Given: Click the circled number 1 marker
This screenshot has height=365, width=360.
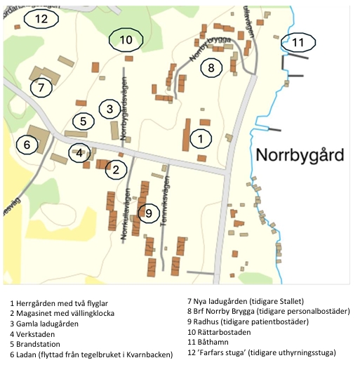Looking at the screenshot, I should pyautogui.click(x=201, y=138).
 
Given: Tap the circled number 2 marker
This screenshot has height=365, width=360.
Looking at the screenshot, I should pyautogui.click(x=116, y=168).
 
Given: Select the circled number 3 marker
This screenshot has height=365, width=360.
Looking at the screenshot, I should pyautogui.click(x=109, y=109).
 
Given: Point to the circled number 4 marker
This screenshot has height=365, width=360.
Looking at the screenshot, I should pyautogui.click(x=79, y=152).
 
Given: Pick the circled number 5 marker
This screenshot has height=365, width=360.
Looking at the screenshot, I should pyautogui.click(x=83, y=121).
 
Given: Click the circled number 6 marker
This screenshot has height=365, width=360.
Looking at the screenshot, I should pyautogui.click(x=27, y=145).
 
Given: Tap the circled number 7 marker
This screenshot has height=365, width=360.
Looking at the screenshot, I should pyautogui.click(x=41, y=88).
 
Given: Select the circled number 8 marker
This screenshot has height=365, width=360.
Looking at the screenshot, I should pyautogui.click(x=210, y=67).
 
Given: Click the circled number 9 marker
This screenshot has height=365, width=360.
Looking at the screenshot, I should pyautogui.click(x=147, y=213).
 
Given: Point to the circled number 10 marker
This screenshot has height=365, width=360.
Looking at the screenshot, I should pyautogui.click(x=126, y=40).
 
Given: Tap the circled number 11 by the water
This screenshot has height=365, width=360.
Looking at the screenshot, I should pyautogui.click(x=299, y=43).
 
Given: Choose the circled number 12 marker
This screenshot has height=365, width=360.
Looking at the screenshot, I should pyautogui.click(x=41, y=19).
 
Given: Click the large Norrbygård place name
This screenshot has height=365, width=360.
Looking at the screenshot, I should pyautogui.click(x=300, y=154).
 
